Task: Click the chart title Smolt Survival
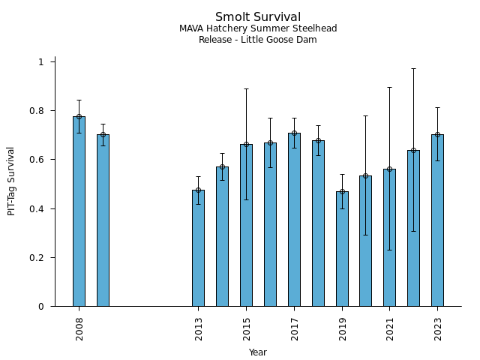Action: click(x=258, y=17)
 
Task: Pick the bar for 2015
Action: click(x=246, y=225)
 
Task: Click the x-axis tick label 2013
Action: click(x=199, y=329)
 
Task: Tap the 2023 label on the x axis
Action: click(x=438, y=329)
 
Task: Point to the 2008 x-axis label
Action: click(x=79, y=329)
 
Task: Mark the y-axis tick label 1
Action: click(x=41, y=62)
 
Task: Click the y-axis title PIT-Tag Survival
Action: click(x=12, y=181)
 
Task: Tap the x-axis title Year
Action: click(x=258, y=352)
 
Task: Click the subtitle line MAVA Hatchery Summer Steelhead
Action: click(x=258, y=29)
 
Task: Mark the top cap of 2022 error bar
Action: click(x=413, y=68)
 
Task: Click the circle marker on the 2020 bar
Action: click(x=365, y=175)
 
